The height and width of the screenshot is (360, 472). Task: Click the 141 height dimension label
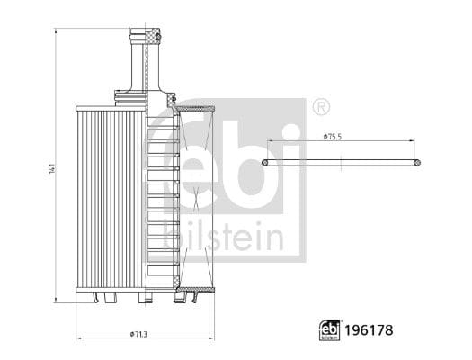(52, 168)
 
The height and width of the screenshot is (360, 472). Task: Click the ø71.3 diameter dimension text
(138, 334)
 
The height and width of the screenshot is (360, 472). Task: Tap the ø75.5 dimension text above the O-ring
(333, 137)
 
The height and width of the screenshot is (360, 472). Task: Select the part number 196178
(369, 330)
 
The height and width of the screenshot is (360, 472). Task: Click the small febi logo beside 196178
(330, 330)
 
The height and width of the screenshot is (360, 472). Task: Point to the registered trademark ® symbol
(321, 106)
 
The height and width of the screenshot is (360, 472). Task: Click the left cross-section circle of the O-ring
(265, 163)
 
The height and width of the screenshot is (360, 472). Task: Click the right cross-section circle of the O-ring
(417, 163)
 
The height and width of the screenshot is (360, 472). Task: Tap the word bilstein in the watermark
(223, 238)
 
